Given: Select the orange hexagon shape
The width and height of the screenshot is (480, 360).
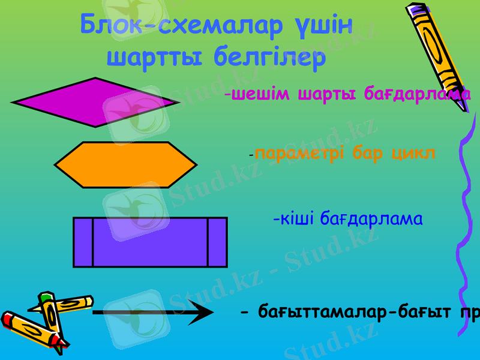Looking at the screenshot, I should (x=125, y=164).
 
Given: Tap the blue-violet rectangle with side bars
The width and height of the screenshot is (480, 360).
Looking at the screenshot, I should (x=150, y=242).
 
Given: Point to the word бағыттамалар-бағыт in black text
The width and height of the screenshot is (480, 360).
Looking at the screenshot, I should (x=353, y=312).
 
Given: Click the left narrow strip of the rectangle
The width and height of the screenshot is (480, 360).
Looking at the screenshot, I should (x=83, y=242).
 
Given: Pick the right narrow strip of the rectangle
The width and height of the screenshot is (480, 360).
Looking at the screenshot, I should (x=217, y=242).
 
